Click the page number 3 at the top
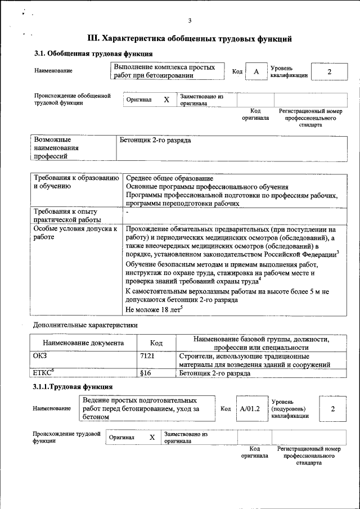pyautogui.click(x=190, y=21)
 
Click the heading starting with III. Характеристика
pyautogui.click(x=190, y=39)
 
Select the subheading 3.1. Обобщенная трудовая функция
pyautogui.click(x=93, y=55)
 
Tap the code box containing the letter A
pyautogui.click(x=256, y=72)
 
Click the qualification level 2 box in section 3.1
pyautogui.click(x=329, y=72)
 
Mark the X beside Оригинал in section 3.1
pyautogui.click(x=166, y=100)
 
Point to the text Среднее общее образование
pyautogui.click(x=169, y=179)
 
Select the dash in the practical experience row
pyautogui.click(x=128, y=213)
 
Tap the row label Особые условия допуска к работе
pyautogui.click(x=75, y=233)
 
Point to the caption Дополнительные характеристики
pyautogui.click(x=85, y=325)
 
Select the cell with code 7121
pyautogui.click(x=147, y=356)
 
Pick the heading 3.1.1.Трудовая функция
pyautogui.click(x=73, y=387)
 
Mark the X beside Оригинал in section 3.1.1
pyautogui.click(x=151, y=437)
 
